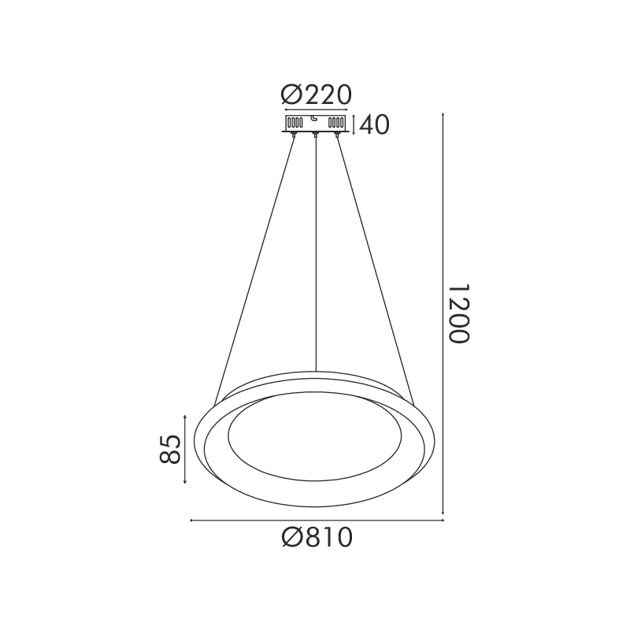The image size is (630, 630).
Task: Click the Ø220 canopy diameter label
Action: pos(316,95)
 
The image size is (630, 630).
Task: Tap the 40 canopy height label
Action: pos(375,125)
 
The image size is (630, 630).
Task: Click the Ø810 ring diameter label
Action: pos(316,539)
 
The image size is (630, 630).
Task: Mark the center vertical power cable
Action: pos(316,252)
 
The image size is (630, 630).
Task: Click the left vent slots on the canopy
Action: pos(295,124)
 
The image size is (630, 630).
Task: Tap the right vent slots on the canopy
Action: pos(336,124)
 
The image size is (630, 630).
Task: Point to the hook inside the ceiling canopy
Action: pos(315,120)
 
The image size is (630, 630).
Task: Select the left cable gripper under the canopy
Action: pos(294,136)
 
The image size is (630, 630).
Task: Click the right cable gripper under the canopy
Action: pos(339,136)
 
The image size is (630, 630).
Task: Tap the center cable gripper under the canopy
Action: pos(316,136)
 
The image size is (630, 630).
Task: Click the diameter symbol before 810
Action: pos(291,539)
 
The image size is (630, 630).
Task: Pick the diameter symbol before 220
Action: pos(291,95)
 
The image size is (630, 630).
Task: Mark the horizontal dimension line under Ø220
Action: pos(316,110)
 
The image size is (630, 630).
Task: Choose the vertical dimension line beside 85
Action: pos(185,450)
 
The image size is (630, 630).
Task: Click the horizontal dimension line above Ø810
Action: pos(316,520)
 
